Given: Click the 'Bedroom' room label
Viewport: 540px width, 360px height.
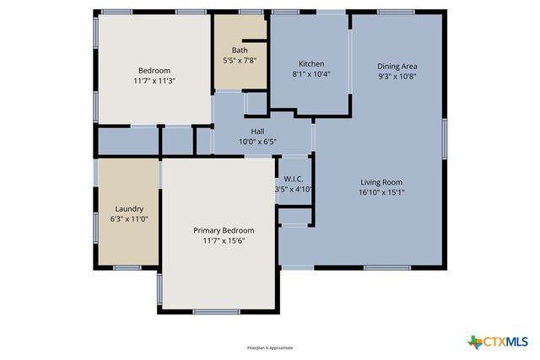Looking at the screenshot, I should tap(154, 70).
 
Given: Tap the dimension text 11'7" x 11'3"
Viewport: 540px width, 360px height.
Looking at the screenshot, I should tap(154, 81).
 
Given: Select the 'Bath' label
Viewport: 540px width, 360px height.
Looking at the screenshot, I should tap(240, 50).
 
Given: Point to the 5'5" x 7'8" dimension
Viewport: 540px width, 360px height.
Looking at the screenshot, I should tap(240, 61).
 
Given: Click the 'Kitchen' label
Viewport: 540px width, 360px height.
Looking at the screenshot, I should tap(311, 64).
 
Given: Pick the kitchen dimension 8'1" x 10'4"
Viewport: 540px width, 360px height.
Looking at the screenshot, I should tap(311, 75).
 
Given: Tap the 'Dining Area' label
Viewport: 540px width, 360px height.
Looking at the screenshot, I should tap(397, 66).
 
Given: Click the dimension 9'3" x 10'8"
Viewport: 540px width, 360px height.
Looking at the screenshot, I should tap(397, 77).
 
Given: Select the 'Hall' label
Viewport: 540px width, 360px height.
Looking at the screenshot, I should tap(258, 131).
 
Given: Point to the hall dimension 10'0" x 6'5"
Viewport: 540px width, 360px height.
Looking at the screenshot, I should tap(258, 142).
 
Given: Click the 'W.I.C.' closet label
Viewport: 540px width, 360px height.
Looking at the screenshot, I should tap(294, 178).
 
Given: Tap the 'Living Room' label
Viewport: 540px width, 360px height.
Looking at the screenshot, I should tap(381, 181).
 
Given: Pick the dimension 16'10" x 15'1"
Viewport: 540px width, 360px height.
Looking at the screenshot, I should tap(381, 192).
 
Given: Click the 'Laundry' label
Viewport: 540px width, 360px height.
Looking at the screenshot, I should tap(129, 208).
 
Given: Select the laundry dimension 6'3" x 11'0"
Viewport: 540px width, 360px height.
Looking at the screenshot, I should tap(129, 219).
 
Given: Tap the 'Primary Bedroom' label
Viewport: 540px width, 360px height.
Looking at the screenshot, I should tap(224, 230).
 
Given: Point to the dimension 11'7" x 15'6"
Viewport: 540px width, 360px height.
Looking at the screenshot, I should tap(224, 241).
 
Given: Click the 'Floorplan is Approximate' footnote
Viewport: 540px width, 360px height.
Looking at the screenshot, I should tap(270, 347).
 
